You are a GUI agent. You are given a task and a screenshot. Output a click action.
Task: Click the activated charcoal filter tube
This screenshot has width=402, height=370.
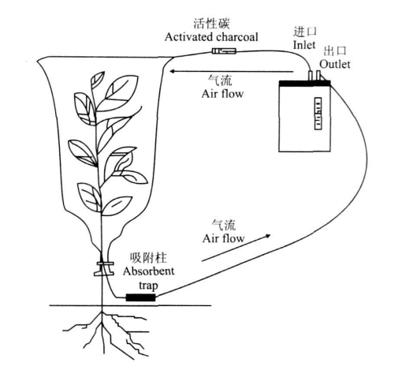click(x=224, y=50)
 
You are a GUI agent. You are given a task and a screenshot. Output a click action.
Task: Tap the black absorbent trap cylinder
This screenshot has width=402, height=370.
click(x=141, y=297)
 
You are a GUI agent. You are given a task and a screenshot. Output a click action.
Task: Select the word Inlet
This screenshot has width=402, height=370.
click(x=304, y=45)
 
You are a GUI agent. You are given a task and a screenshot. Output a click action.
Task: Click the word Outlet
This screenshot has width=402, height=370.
click(x=335, y=64)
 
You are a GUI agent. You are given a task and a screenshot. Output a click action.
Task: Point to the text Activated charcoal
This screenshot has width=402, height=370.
click(x=211, y=37)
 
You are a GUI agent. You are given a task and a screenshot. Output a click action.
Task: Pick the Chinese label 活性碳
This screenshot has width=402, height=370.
click(x=211, y=24)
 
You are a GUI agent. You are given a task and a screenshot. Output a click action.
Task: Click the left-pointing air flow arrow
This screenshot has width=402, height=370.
click(x=231, y=71)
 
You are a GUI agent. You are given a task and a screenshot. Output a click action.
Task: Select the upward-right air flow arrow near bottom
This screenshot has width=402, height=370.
click(x=236, y=248)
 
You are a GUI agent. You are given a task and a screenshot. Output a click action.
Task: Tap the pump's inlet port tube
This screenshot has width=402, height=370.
click(x=311, y=76)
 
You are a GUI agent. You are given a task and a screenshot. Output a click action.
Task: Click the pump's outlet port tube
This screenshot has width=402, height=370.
click(x=318, y=76)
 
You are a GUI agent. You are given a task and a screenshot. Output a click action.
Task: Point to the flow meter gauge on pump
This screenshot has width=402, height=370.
click(x=318, y=114)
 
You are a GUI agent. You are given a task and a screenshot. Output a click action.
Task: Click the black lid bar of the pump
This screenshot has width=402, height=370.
click(x=304, y=84)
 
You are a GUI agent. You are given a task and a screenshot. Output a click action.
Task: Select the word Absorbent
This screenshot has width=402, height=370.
click(x=148, y=271)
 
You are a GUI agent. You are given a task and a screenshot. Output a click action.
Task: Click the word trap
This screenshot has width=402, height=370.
click(x=148, y=286)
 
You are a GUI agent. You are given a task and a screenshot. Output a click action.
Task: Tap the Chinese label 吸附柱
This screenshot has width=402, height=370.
click(x=148, y=258)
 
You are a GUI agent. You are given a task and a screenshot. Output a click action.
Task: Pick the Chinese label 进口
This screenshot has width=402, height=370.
click(x=305, y=32)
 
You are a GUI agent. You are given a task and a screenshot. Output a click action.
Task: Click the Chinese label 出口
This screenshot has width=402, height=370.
click(x=335, y=50)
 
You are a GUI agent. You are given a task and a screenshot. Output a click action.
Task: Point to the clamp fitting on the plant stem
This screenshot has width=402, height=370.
click(x=104, y=269)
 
